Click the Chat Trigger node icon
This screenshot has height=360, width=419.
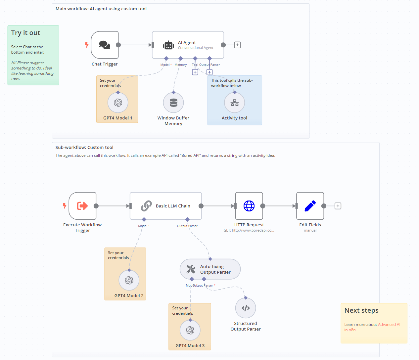[x=105, y=45]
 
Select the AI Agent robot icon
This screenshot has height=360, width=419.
[x=168, y=45]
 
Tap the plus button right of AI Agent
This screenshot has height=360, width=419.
[x=237, y=45]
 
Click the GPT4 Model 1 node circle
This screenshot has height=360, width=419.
[x=118, y=103]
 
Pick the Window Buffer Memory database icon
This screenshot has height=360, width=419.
[x=173, y=103]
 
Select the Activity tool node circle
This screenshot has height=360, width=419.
[x=234, y=103]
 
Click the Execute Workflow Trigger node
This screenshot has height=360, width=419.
[x=82, y=206]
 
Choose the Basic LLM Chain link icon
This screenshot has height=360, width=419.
[x=146, y=206]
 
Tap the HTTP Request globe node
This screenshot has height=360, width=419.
[x=249, y=206]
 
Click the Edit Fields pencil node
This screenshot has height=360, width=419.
[x=310, y=206]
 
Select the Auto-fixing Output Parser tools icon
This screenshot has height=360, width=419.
[x=191, y=269]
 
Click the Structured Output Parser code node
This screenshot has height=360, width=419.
[x=246, y=308]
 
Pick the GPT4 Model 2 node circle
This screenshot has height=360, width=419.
[x=129, y=280]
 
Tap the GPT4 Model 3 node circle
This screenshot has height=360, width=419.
[x=190, y=330]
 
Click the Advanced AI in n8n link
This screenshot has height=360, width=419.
[x=389, y=325]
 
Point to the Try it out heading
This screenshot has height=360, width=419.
[x=25, y=33]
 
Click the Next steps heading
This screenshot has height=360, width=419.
[x=361, y=310]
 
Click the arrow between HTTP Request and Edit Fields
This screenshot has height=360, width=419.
[x=280, y=206]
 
